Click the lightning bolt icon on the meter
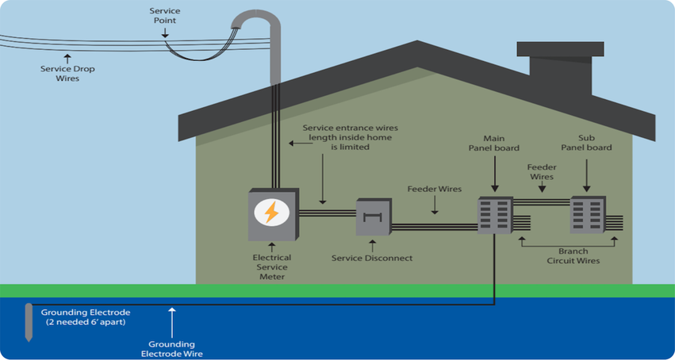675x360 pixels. (271, 213)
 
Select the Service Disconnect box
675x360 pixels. (373, 216)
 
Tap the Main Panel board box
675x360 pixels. (495, 215)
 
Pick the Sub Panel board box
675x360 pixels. (588, 215)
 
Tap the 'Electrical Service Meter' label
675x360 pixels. (271, 266)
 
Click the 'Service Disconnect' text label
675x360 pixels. (372, 259)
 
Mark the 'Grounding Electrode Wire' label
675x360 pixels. (172, 349)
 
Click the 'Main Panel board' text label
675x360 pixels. (496, 143)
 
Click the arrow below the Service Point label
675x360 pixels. (165, 33)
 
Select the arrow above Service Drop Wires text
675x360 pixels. (67, 58)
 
